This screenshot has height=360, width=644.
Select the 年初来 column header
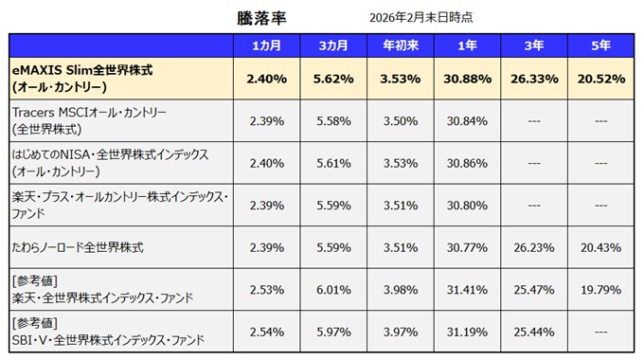tap(401, 46)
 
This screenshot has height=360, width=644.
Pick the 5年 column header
tap(599, 46)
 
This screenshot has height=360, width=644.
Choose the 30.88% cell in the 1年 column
tap(466, 79)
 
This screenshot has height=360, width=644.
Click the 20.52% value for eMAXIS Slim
tap(599, 79)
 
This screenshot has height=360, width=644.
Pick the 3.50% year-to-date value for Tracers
tap(401, 120)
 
